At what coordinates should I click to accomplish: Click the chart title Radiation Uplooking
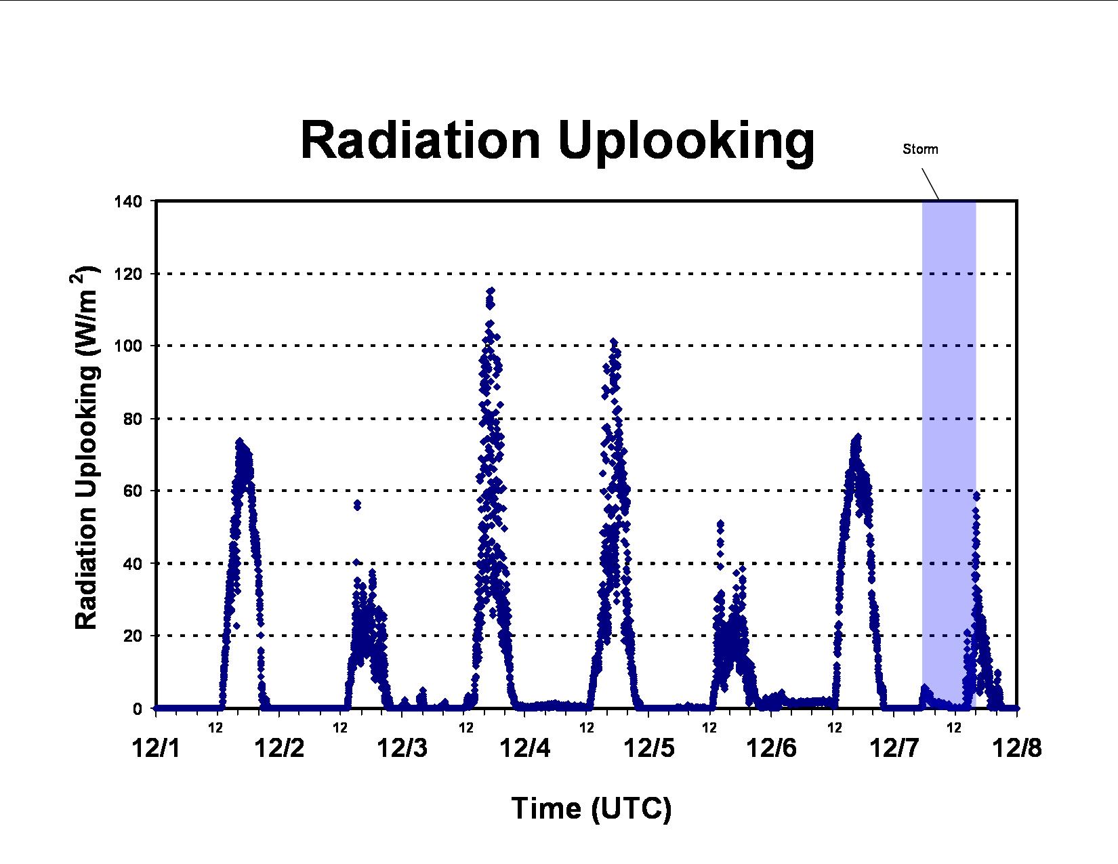(557, 141)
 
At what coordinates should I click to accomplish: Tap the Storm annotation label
(920, 149)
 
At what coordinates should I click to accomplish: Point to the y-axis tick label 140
(128, 202)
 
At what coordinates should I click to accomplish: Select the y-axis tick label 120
(128, 274)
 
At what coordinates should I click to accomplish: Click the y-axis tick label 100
(128, 346)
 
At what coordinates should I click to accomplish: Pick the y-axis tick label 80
(133, 419)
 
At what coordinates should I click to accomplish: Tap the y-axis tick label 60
(133, 491)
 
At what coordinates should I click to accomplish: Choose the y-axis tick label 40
(133, 564)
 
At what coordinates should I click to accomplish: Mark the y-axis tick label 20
(133, 636)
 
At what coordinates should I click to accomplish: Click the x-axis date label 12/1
(157, 748)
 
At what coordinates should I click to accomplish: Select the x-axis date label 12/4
(525, 748)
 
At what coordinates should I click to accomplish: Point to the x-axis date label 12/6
(771, 748)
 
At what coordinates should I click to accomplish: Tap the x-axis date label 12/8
(1017, 748)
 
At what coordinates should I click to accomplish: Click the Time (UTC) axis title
(592, 808)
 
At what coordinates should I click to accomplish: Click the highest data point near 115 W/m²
(491, 291)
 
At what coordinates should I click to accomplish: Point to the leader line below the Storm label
(930, 184)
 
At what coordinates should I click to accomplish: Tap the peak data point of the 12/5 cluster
(613, 342)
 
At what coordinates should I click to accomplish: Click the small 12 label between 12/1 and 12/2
(215, 728)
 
